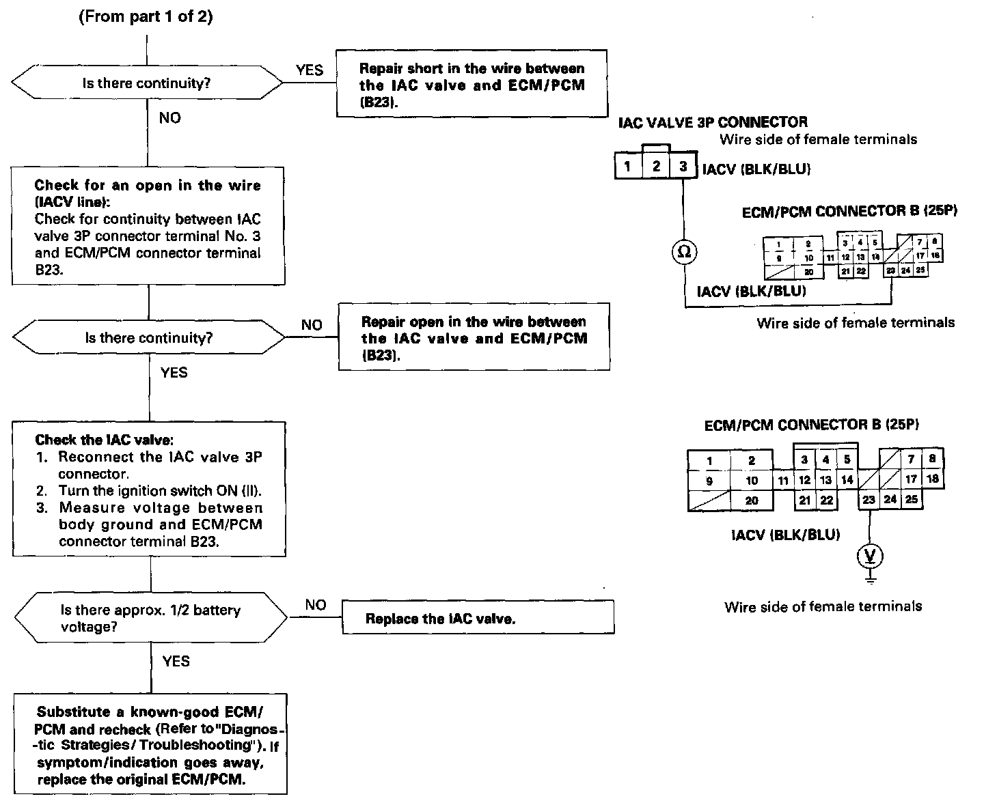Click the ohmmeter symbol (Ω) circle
pyautogui.click(x=683, y=252)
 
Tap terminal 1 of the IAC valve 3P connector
pyautogui.click(x=628, y=166)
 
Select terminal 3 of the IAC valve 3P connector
pyautogui.click(x=683, y=166)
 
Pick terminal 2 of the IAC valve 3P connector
pyautogui.click(x=656, y=166)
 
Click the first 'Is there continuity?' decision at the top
pyautogui.click(x=146, y=83)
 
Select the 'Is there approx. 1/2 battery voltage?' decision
pyautogui.click(x=150, y=618)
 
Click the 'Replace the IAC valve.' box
pyautogui.click(x=478, y=619)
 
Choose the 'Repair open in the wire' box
pyautogui.click(x=474, y=338)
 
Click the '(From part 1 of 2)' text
pyautogui.click(x=146, y=17)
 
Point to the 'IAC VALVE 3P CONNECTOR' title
pyautogui.click(x=713, y=123)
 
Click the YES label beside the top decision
pyautogui.click(x=310, y=70)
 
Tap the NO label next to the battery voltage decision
pyautogui.click(x=316, y=605)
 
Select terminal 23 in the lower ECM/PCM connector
pyautogui.click(x=869, y=499)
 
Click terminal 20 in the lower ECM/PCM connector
pyautogui.click(x=752, y=501)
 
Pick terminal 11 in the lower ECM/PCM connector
pyautogui.click(x=784, y=480)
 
